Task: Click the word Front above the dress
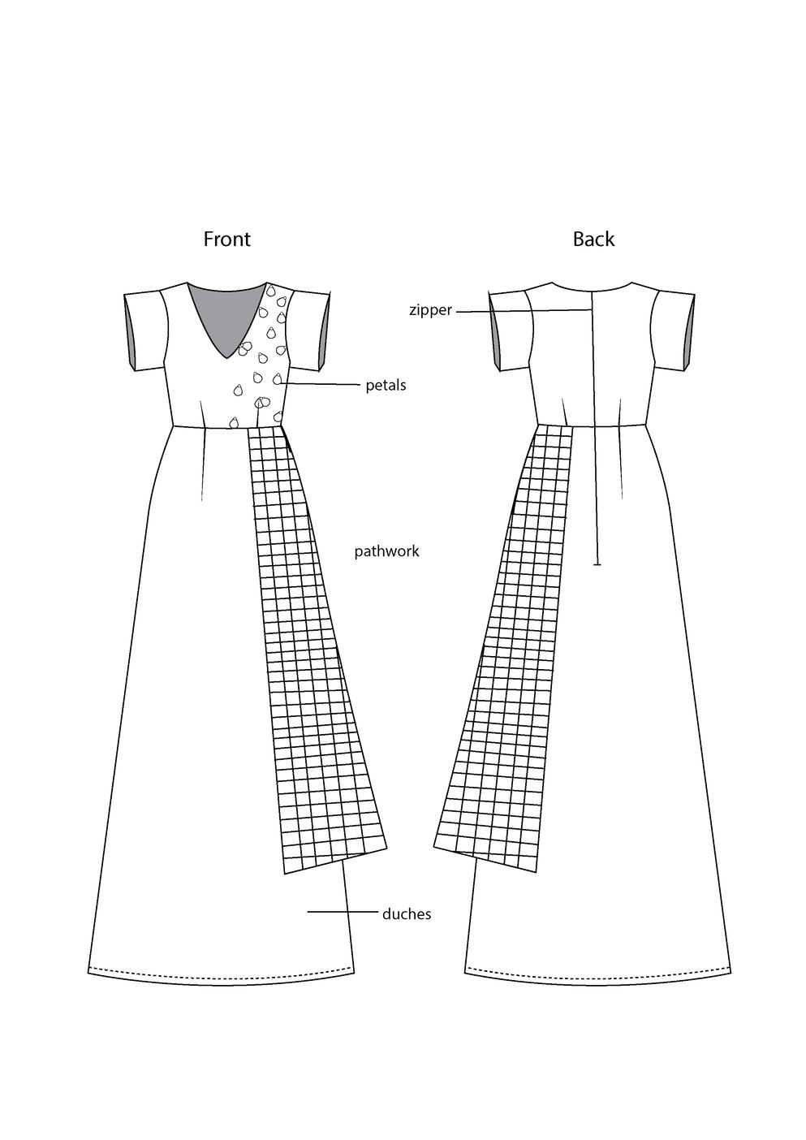226,239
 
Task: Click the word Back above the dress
593,239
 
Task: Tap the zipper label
430,309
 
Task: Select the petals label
386,385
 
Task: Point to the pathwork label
386,551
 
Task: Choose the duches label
407,914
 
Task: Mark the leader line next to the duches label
341,913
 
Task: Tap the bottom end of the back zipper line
597,562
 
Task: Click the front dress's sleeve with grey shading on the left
144,329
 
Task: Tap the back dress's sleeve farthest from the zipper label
674,329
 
